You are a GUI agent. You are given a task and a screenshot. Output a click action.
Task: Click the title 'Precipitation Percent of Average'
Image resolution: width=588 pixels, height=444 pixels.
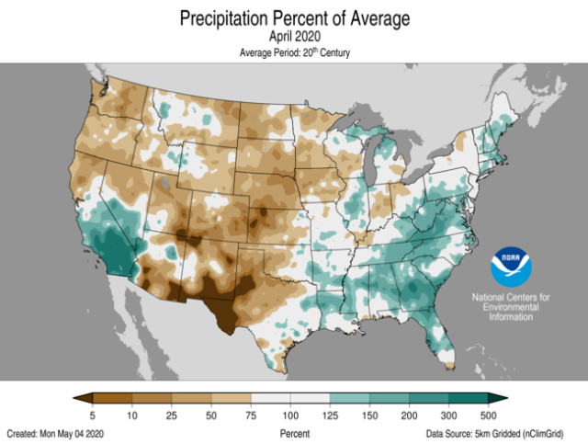[x=294, y=18]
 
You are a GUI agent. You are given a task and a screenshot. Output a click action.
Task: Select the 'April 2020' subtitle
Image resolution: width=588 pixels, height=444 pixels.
[x=294, y=37]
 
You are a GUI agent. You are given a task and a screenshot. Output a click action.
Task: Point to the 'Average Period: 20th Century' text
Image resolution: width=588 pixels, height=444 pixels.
[x=294, y=52]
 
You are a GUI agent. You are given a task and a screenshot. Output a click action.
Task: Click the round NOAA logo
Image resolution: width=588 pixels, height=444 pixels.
[x=511, y=266]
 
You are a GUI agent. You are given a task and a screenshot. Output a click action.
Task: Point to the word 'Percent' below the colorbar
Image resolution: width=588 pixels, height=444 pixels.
[x=294, y=432]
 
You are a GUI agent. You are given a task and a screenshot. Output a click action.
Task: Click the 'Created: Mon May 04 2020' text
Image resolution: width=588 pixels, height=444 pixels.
[x=57, y=432]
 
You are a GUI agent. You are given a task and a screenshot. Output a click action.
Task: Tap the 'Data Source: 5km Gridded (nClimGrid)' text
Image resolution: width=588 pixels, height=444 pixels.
[x=504, y=432]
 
